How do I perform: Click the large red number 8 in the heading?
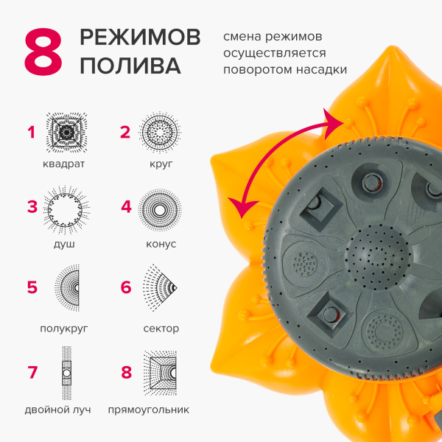43,52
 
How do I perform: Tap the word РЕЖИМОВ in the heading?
140,38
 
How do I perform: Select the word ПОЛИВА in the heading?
130,66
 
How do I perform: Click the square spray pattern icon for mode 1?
66,133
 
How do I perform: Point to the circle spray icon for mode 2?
160,133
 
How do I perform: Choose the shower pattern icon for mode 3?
66,210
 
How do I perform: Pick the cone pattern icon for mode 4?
160,210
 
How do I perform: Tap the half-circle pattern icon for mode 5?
67,288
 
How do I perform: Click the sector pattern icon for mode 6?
160,288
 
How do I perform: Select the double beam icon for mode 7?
66,373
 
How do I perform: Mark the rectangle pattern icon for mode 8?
160,373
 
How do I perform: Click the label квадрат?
63,164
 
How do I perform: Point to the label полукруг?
64,329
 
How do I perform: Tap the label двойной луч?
57,410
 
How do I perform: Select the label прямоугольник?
149,410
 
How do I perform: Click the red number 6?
126,287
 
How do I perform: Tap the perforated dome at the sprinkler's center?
378,256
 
